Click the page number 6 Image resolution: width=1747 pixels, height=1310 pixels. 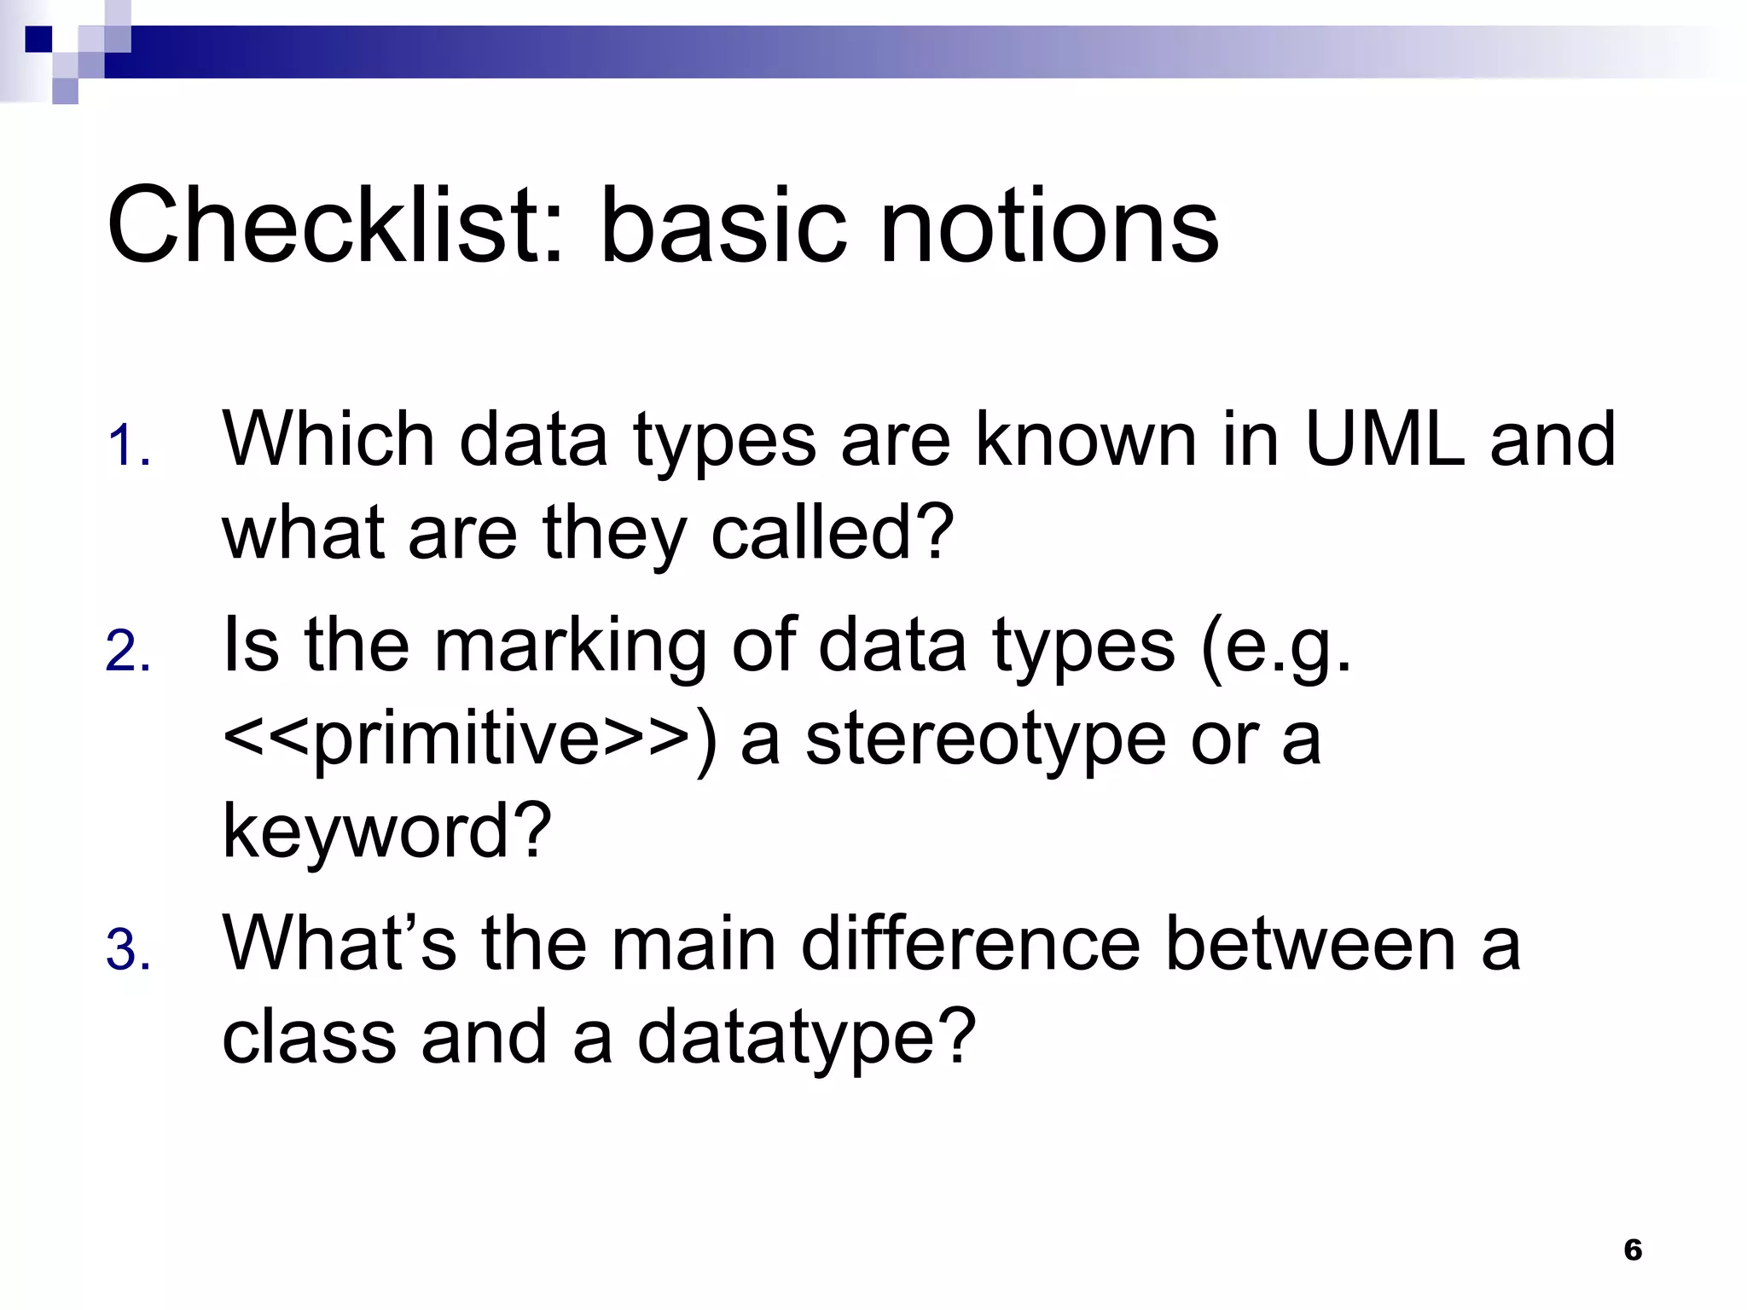click(1633, 1249)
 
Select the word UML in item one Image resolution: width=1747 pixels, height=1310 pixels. click(1384, 439)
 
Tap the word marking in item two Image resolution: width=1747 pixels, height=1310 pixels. click(570, 646)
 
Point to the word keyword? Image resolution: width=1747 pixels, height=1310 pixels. click(386, 832)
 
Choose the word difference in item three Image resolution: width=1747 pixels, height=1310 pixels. click(970, 943)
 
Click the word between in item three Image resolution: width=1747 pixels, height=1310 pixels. click(1309, 943)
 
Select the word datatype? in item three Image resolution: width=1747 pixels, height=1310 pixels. click(806, 1037)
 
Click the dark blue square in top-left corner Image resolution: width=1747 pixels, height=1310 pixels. click(38, 39)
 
